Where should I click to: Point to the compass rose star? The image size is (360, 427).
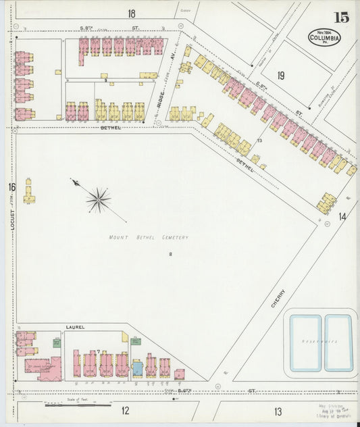tap(99, 199)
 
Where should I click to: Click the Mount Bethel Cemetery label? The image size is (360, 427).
tap(149, 237)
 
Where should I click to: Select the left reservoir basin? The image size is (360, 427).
tap(305, 343)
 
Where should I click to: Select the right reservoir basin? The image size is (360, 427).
tap(338, 343)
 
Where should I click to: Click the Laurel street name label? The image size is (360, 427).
tap(74, 327)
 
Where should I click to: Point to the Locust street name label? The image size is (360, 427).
tap(12, 218)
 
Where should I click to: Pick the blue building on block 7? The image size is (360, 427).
tap(137, 368)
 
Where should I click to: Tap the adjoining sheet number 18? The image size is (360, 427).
tap(131, 13)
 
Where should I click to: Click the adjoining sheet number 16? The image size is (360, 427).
tap(11, 187)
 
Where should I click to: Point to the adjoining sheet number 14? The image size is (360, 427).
tap(342, 216)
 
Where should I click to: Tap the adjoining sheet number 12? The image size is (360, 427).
tap(125, 410)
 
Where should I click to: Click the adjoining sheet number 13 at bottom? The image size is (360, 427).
tap(278, 410)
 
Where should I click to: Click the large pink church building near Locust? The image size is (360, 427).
tap(47, 368)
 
